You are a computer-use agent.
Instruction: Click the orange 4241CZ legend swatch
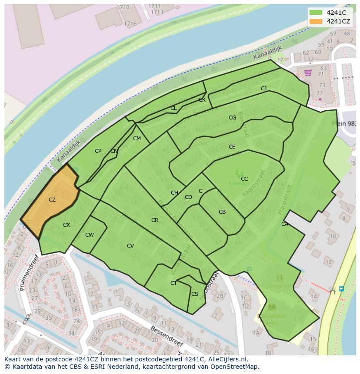point(316,21)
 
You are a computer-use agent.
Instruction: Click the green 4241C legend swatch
point(316,13)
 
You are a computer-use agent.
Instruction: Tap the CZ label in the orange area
point(52,200)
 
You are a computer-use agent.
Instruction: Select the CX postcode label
point(67,225)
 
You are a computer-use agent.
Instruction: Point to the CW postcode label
point(89,235)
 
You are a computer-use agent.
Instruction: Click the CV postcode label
point(130,246)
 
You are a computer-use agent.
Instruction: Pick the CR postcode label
point(155,220)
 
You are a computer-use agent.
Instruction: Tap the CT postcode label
point(173,283)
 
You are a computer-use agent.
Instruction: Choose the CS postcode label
point(195,294)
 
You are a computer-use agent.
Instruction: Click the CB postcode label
point(222,212)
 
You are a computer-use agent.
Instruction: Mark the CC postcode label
point(244,179)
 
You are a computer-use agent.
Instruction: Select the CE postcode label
point(232,147)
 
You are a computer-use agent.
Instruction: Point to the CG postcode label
point(233,118)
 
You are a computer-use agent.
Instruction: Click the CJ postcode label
point(263,89)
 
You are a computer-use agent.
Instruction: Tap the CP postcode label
point(98,151)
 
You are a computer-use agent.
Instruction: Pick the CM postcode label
point(137,139)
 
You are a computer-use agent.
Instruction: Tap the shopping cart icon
point(308,73)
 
